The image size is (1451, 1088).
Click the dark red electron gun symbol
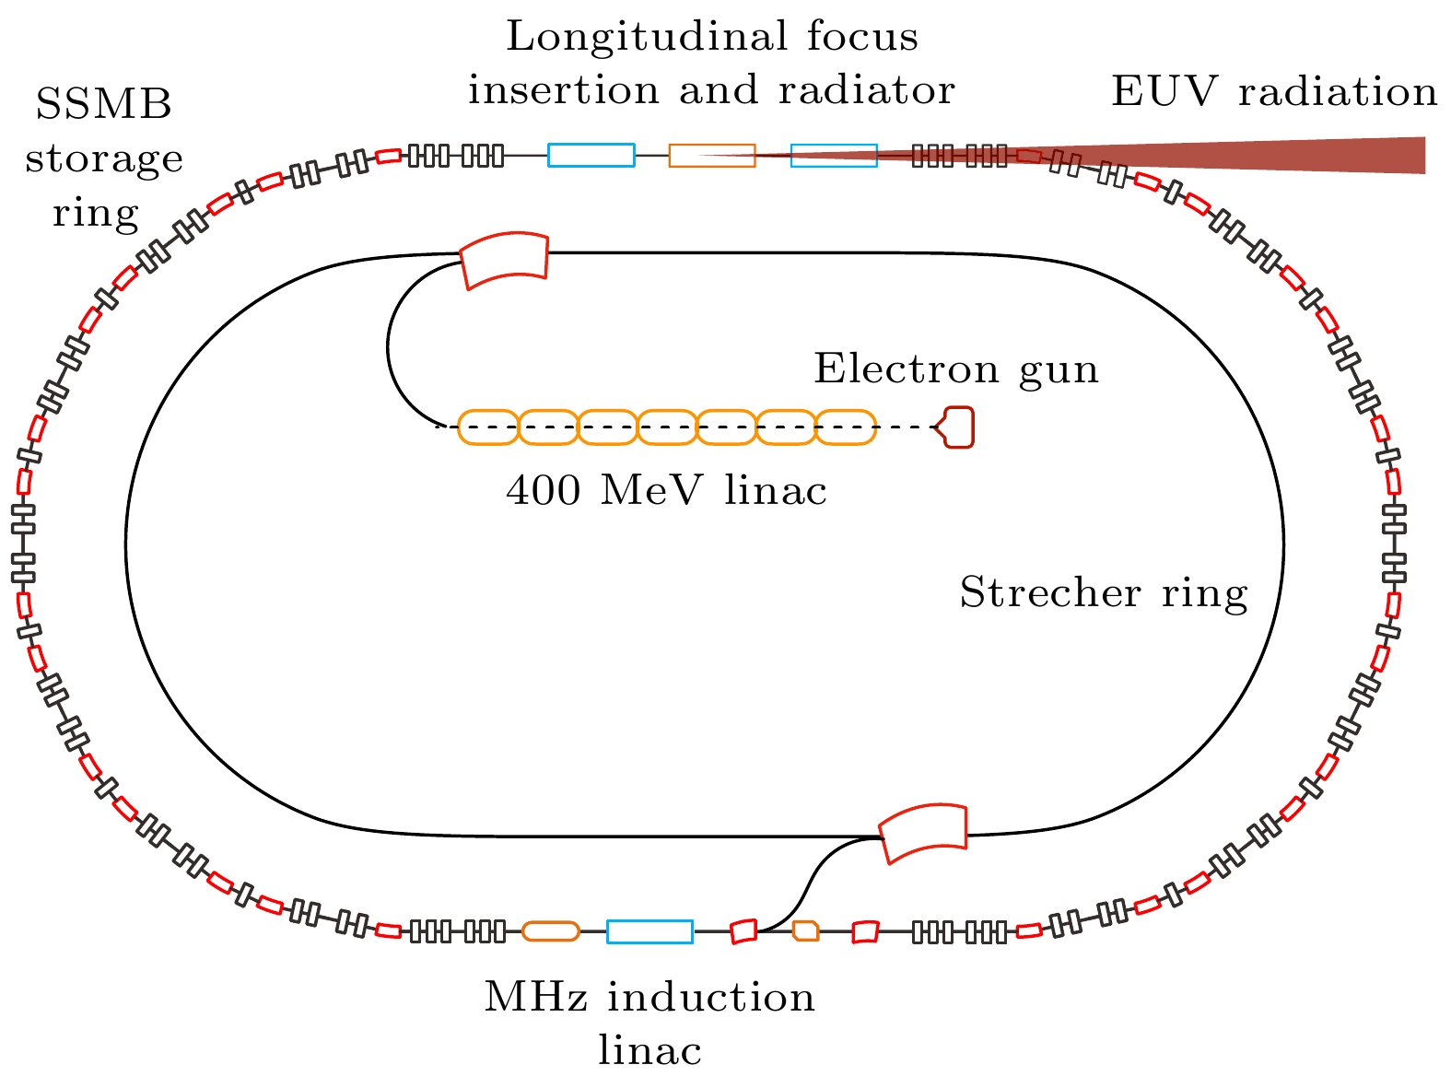[956, 427]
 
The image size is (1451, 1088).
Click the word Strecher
[1049, 591]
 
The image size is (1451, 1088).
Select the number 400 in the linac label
[544, 490]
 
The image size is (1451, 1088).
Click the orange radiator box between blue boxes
[712, 156]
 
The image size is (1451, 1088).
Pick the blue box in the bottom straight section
[649, 931]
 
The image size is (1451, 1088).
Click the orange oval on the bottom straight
[551, 931]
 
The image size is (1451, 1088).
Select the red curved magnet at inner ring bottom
[923, 833]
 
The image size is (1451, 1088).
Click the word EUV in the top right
[1164, 91]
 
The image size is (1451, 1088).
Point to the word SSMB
[104, 104]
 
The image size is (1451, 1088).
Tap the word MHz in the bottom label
[536, 997]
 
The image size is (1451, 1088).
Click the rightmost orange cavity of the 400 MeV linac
[846, 427]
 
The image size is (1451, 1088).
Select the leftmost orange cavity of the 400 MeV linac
[488, 427]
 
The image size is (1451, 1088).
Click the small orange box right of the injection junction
[806, 930]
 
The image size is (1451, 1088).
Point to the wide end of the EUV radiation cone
[1424, 156]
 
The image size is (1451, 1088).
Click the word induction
[711, 997]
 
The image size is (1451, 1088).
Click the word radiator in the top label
[867, 90]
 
